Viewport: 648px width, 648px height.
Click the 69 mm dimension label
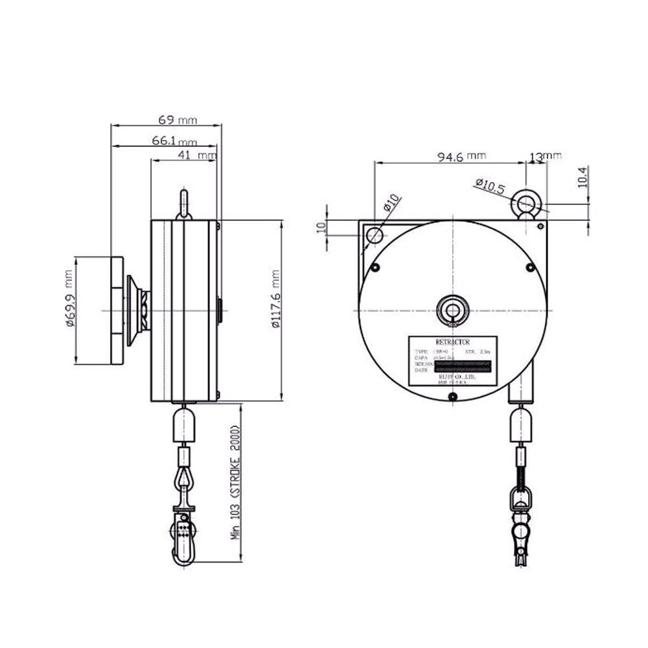(177, 121)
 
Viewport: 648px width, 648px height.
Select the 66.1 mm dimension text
(174, 141)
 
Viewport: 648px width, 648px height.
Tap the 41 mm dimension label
(195, 156)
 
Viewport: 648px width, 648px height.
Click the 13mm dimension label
(545, 156)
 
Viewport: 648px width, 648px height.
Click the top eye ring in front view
(526, 205)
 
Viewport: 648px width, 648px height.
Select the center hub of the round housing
(452, 310)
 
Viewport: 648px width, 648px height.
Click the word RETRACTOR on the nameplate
(453, 341)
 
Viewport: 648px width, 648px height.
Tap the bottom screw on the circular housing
(453, 397)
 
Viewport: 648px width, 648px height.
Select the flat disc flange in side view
(117, 310)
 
